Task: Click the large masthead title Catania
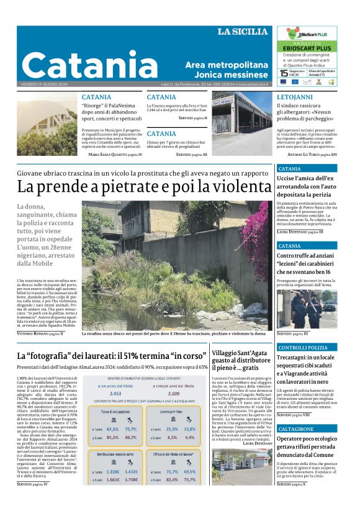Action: [x=90, y=65]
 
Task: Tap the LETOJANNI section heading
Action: [x=295, y=97]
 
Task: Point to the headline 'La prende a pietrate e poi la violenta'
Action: [x=136, y=186]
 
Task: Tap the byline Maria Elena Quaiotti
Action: [x=111, y=154]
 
